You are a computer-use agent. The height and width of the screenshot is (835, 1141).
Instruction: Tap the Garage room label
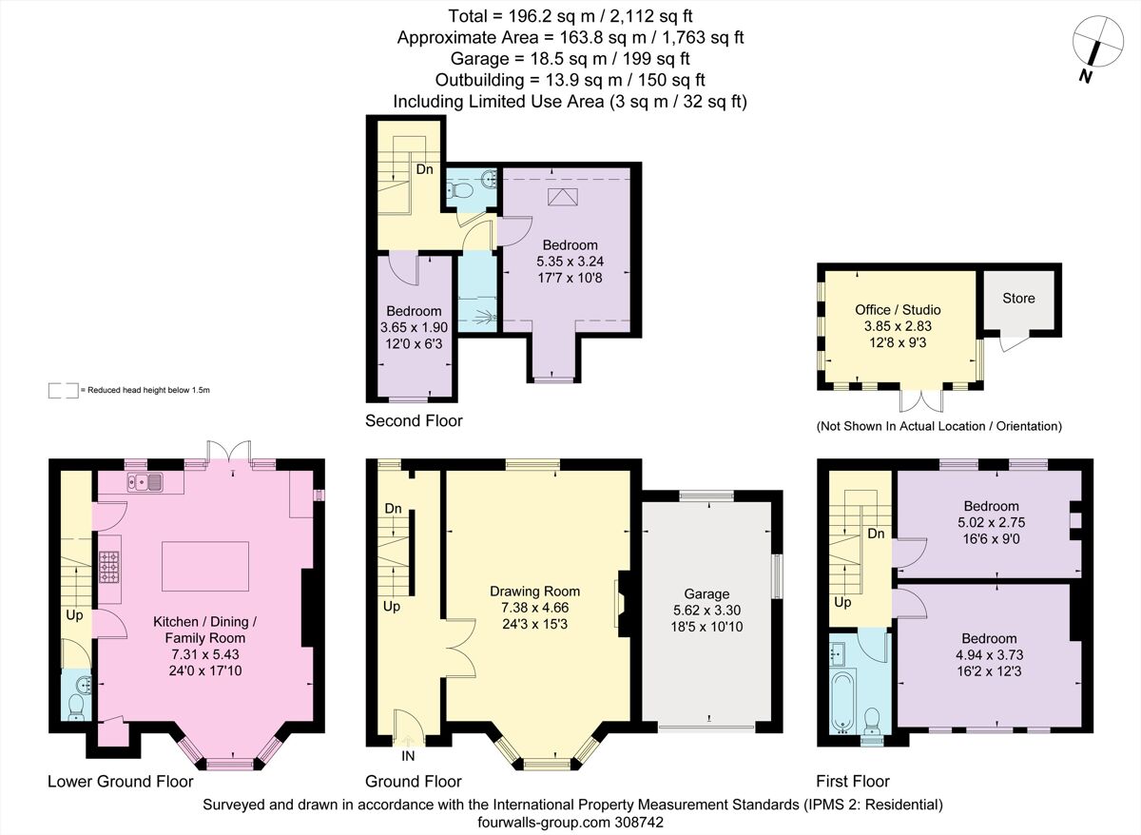[706, 593]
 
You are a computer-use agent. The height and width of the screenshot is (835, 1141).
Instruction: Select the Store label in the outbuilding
[1018, 298]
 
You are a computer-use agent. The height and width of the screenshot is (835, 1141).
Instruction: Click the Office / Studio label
[897, 309]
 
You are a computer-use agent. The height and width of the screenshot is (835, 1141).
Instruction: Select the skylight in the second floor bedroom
[565, 197]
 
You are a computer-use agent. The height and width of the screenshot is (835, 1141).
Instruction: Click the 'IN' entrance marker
[408, 756]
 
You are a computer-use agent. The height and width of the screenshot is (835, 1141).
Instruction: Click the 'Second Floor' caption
[414, 420]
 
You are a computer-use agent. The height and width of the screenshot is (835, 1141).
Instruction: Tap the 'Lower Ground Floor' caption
[121, 782]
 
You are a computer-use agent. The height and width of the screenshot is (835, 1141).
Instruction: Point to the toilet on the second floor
[463, 191]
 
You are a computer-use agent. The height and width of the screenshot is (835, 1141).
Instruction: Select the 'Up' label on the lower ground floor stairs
[74, 615]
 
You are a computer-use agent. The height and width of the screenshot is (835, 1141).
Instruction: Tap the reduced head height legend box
[64, 390]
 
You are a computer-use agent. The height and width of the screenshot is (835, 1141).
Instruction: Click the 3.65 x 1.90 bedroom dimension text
[414, 327]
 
